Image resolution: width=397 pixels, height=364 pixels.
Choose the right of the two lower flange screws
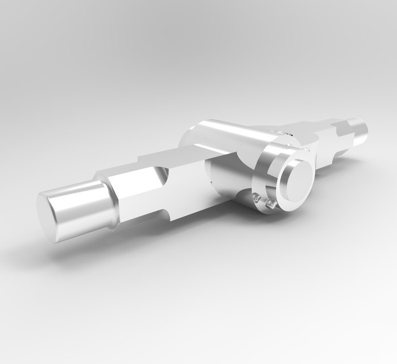click(271, 203)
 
